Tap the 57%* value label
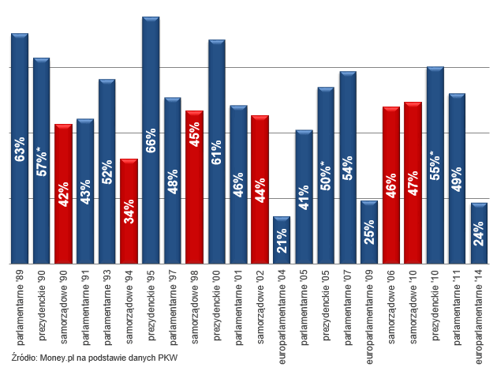tap(42, 161)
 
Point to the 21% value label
tap(282, 240)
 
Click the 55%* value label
tap(435, 166)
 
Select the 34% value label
tap(129, 212)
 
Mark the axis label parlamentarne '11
tap(456, 303)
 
